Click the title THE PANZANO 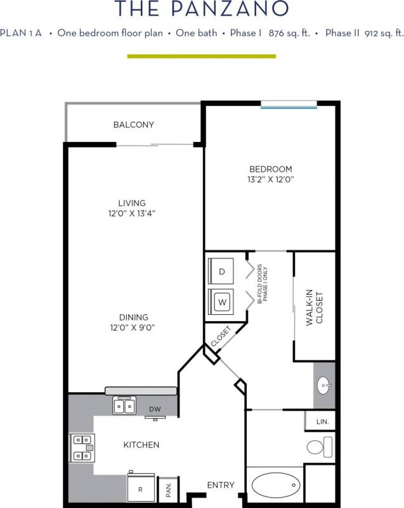click(x=202, y=9)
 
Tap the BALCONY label click(x=133, y=125)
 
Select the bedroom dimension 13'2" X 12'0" click(x=270, y=179)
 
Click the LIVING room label click(x=131, y=203)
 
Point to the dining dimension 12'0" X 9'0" click(x=133, y=327)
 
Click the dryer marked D click(x=221, y=272)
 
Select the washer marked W click(x=221, y=302)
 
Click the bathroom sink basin click(x=323, y=384)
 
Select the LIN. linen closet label click(x=322, y=421)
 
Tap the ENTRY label click(x=221, y=485)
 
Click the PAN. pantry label click(x=169, y=491)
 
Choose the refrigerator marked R click(x=140, y=489)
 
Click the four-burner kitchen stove click(x=82, y=446)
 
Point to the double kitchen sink click(x=124, y=404)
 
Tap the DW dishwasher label click(x=155, y=409)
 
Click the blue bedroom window click(x=289, y=105)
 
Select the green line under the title click(x=202, y=56)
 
